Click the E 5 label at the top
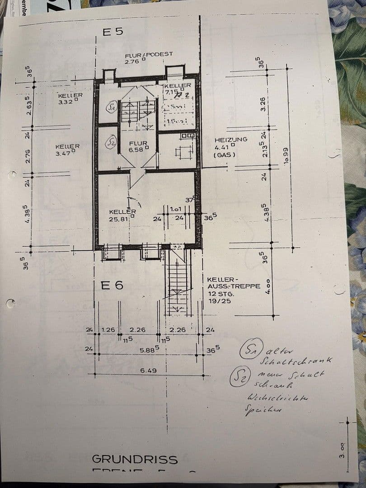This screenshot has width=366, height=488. point(113,32)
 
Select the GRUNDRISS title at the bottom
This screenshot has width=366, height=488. point(135,460)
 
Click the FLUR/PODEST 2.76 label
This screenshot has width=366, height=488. point(149,57)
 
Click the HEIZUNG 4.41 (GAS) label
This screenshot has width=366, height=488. point(230,147)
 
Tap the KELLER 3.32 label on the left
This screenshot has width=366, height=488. point(70,99)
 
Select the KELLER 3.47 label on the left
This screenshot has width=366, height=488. point(67,150)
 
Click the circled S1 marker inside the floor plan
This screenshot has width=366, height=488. point(111,108)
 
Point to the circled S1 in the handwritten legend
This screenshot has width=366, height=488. point(249,351)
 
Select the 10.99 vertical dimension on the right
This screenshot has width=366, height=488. point(285,157)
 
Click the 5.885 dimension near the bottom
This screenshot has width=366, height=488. point(149,350)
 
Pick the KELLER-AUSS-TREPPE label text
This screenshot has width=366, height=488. point(234,286)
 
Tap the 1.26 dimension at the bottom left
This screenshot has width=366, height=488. point(108,330)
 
